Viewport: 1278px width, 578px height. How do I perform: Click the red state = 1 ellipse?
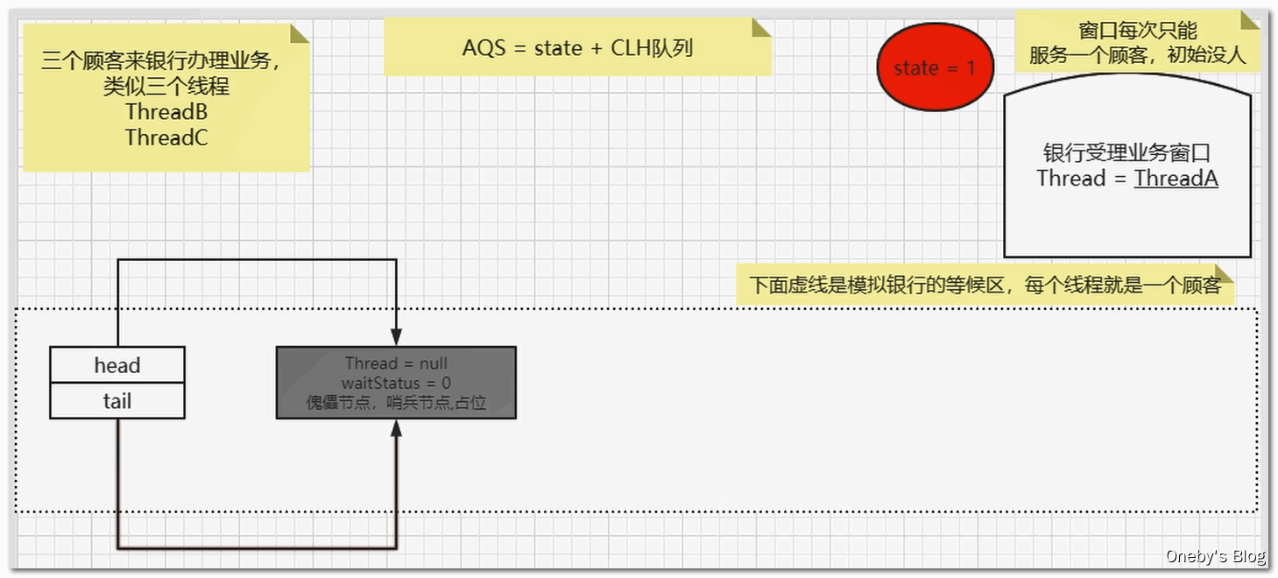[x=935, y=67]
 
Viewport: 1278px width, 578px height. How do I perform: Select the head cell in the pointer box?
[x=117, y=365]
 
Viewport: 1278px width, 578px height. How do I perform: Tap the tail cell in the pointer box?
[x=117, y=401]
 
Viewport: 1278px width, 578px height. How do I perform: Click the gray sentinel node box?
[x=396, y=383]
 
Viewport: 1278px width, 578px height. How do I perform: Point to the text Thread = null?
[x=396, y=363]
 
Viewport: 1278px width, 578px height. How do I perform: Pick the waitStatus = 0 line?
[x=396, y=383]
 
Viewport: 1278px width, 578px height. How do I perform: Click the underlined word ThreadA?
[x=1176, y=179]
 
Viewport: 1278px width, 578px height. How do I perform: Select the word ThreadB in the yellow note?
[x=166, y=112]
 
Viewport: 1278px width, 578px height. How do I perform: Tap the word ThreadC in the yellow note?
[x=166, y=137]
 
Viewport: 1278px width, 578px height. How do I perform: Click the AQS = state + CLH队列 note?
[x=577, y=47]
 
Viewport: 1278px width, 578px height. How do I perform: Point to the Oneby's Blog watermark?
[x=1215, y=556]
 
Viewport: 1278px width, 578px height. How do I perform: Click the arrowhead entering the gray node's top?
[x=396, y=337]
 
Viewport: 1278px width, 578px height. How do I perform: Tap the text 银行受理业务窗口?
[x=1126, y=153]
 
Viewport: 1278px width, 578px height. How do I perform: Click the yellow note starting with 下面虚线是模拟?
[x=985, y=285]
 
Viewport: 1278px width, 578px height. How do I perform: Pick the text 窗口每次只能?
[x=1137, y=32]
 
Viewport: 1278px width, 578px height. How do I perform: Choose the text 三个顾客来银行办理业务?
[x=161, y=61]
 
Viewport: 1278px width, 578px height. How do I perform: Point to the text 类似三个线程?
[x=166, y=87]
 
